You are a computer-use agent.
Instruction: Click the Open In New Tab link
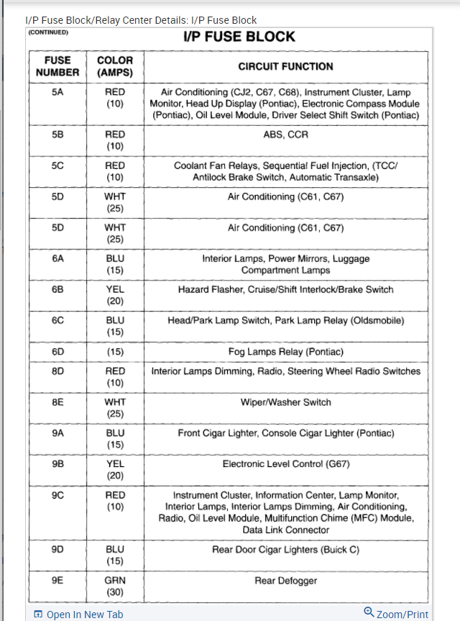click(78, 614)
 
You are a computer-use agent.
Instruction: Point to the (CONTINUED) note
click(48, 32)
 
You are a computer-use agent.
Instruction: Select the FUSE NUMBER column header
click(57, 67)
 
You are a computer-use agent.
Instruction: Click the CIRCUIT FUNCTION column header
click(285, 66)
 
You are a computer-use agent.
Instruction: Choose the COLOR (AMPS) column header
click(115, 67)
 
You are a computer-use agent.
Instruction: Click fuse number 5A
click(57, 93)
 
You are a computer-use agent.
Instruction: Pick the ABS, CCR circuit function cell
click(285, 134)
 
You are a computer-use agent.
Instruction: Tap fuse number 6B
click(57, 289)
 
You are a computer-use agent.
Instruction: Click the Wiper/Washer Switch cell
click(285, 402)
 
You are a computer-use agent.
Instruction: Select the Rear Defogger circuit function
click(285, 581)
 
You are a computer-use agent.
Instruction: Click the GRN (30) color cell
click(115, 586)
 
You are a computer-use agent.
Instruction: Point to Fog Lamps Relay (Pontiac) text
click(285, 352)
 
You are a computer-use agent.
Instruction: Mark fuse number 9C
click(57, 495)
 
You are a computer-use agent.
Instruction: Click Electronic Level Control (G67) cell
click(285, 464)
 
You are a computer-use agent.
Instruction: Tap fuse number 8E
click(57, 402)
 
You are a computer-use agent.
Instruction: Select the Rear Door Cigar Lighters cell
click(285, 550)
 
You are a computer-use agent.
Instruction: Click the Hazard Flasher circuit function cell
click(285, 289)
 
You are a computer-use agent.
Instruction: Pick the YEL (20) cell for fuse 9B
click(115, 470)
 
